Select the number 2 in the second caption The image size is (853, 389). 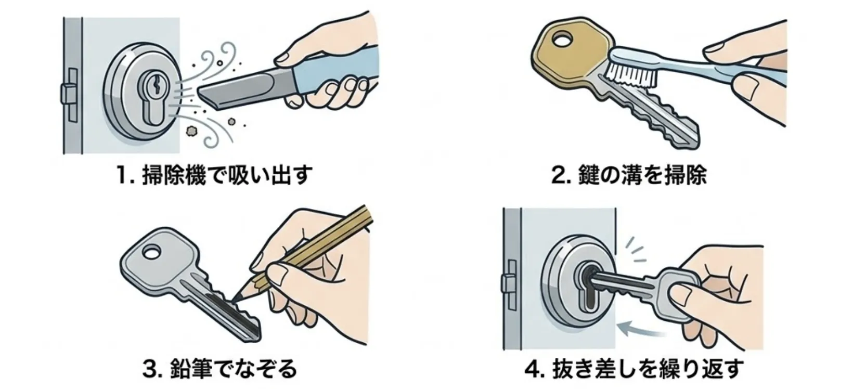(558, 175)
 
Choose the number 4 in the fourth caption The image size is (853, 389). (532, 369)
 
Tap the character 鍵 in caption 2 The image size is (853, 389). (588, 175)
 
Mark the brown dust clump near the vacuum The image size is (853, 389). (191, 132)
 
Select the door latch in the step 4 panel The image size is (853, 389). (509, 283)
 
